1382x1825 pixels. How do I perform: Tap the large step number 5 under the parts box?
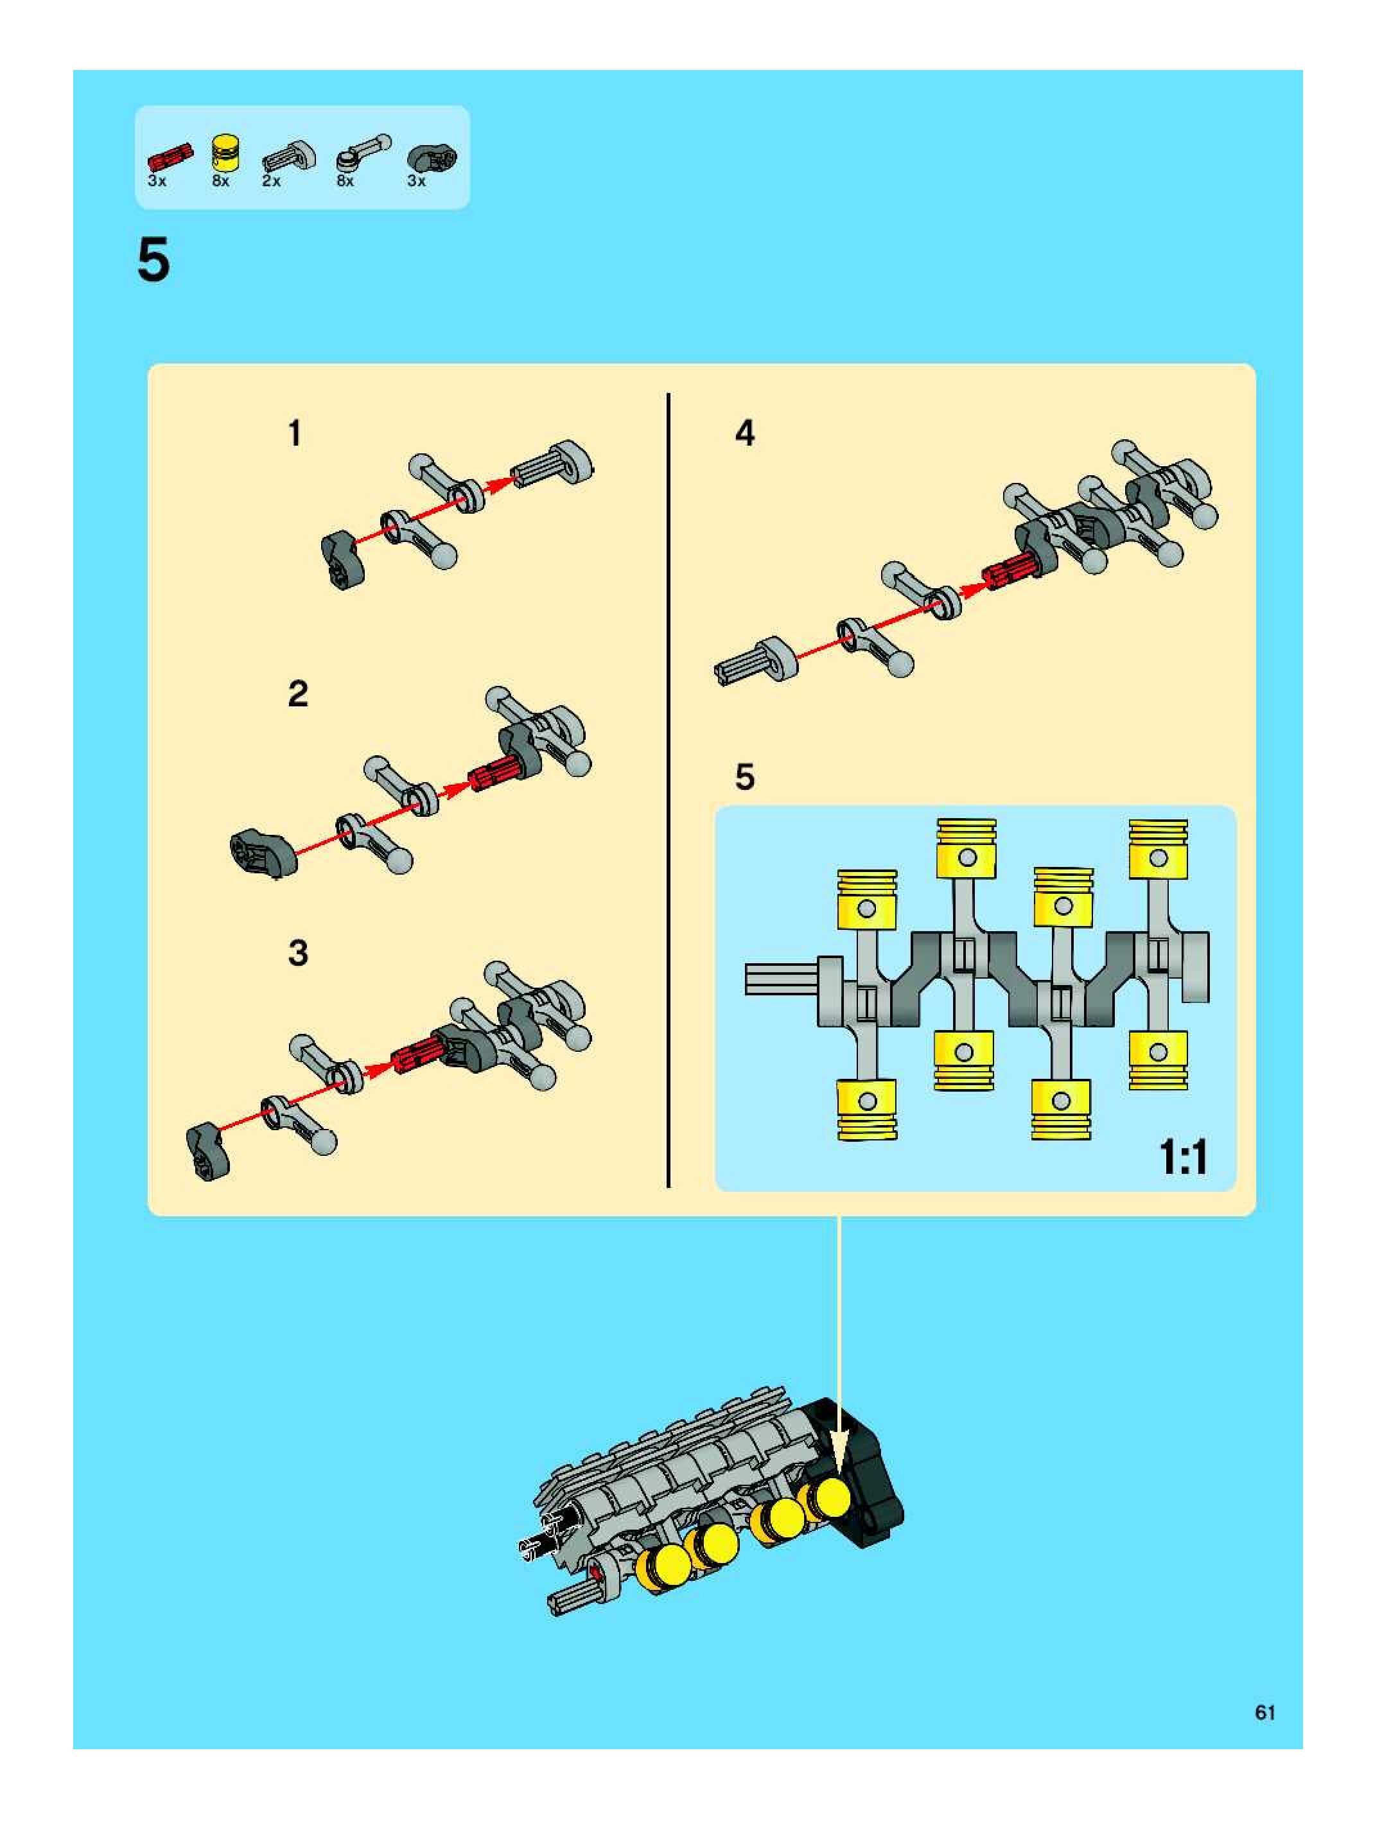coord(153,261)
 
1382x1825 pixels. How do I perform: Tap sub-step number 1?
coord(295,434)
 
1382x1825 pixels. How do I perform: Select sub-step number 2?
coord(298,693)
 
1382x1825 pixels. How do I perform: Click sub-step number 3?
coord(298,953)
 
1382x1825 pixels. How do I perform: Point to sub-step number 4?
coord(744,433)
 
